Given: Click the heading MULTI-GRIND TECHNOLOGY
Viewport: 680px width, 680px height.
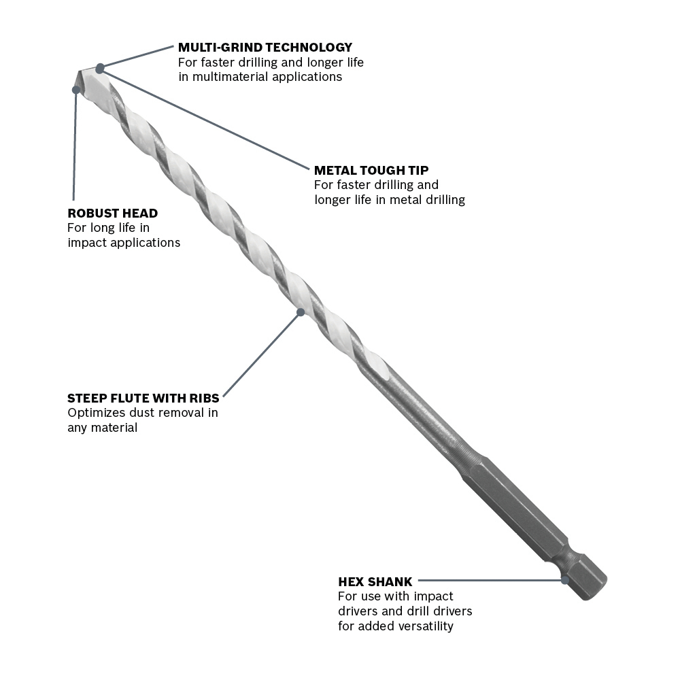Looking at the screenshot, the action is pyautogui.click(x=265, y=48).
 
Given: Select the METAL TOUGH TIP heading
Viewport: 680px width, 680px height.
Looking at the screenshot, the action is pyautogui.click(x=371, y=170).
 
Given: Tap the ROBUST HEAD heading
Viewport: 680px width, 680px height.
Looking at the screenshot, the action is pyautogui.click(x=113, y=213).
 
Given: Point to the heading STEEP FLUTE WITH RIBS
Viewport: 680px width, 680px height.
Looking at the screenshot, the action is pyautogui.click(x=143, y=398).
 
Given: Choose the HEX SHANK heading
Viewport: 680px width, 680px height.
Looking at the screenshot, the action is pyautogui.click(x=375, y=581).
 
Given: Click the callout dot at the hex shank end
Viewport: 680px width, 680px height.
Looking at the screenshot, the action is pyautogui.click(x=564, y=580).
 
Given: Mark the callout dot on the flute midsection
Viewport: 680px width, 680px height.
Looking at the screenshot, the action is pyautogui.click(x=301, y=312).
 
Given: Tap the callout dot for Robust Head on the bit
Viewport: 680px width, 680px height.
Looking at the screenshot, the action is pyautogui.click(x=76, y=90).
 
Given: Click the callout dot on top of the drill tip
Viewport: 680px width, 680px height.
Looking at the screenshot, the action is pyautogui.click(x=100, y=69).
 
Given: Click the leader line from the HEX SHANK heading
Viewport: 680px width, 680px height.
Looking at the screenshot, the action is pyautogui.click(x=490, y=580).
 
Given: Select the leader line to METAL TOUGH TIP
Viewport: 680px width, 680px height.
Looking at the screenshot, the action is pyautogui.click(x=205, y=119).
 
